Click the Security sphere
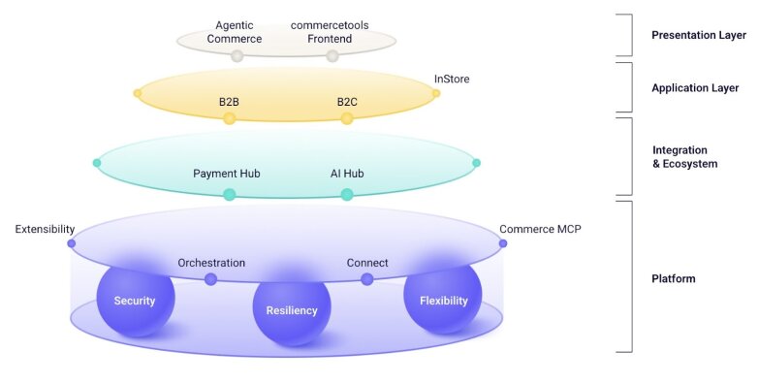pyautogui.click(x=135, y=301)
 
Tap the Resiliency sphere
pyautogui.click(x=292, y=310)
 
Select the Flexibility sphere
pyautogui.click(x=443, y=301)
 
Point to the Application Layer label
pyautogui.click(x=695, y=88)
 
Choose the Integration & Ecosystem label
pyautogui.click(x=685, y=157)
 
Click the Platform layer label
pyautogui.click(x=674, y=279)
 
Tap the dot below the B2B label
pyautogui.click(x=230, y=118)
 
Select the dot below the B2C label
pyautogui.click(x=347, y=118)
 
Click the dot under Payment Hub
pyautogui.click(x=230, y=194)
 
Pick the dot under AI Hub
pyautogui.click(x=347, y=194)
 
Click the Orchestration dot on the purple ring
pyautogui.click(x=210, y=279)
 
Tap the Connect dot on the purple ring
pyautogui.click(x=367, y=279)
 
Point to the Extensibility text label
pyautogui.click(x=45, y=230)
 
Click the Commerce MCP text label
pyautogui.click(x=540, y=230)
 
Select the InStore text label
pyautogui.click(x=452, y=80)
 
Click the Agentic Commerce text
pyautogui.click(x=237, y=32)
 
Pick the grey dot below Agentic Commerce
pyautogui.click(x=237, y=55)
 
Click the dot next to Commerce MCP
pyautogui.click(x=502, y=243)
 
